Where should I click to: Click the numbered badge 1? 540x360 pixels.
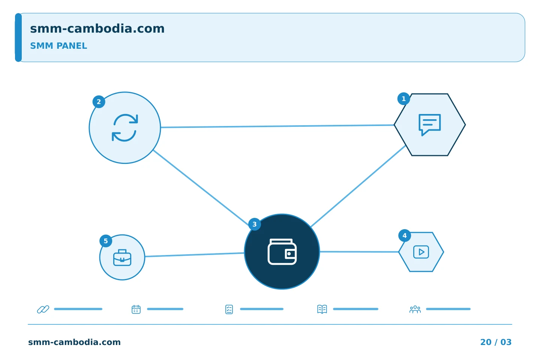coord(403,99)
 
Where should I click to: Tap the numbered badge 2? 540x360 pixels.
coord(99,102)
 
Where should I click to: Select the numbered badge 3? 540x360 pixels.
coord(254,224)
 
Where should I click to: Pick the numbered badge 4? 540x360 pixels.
coord(405,235)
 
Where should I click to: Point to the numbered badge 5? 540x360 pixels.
coord(106,241)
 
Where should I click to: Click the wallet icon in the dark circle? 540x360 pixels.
coord(282,252)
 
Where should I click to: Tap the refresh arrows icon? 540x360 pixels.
coord(125,127)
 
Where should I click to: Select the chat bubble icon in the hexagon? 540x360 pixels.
coord(430,125)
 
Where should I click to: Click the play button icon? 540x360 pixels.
coord(421,252)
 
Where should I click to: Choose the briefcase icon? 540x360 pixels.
coord(122,258)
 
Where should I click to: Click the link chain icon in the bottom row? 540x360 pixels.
coord(43,309)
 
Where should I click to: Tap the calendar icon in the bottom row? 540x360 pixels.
coord(136,309)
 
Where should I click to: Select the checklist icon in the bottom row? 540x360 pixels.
coord(229,309)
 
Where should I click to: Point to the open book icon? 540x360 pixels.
coord(322,309)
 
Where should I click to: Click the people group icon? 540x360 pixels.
coord(415,309)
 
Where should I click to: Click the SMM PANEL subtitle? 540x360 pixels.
coord(58,46)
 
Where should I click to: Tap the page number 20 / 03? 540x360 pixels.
coord(496,342)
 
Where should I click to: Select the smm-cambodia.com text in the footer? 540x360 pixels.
coord(74,342)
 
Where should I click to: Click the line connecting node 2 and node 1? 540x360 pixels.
coord(277,126)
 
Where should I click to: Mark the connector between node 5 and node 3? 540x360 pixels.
coord(195,255)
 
